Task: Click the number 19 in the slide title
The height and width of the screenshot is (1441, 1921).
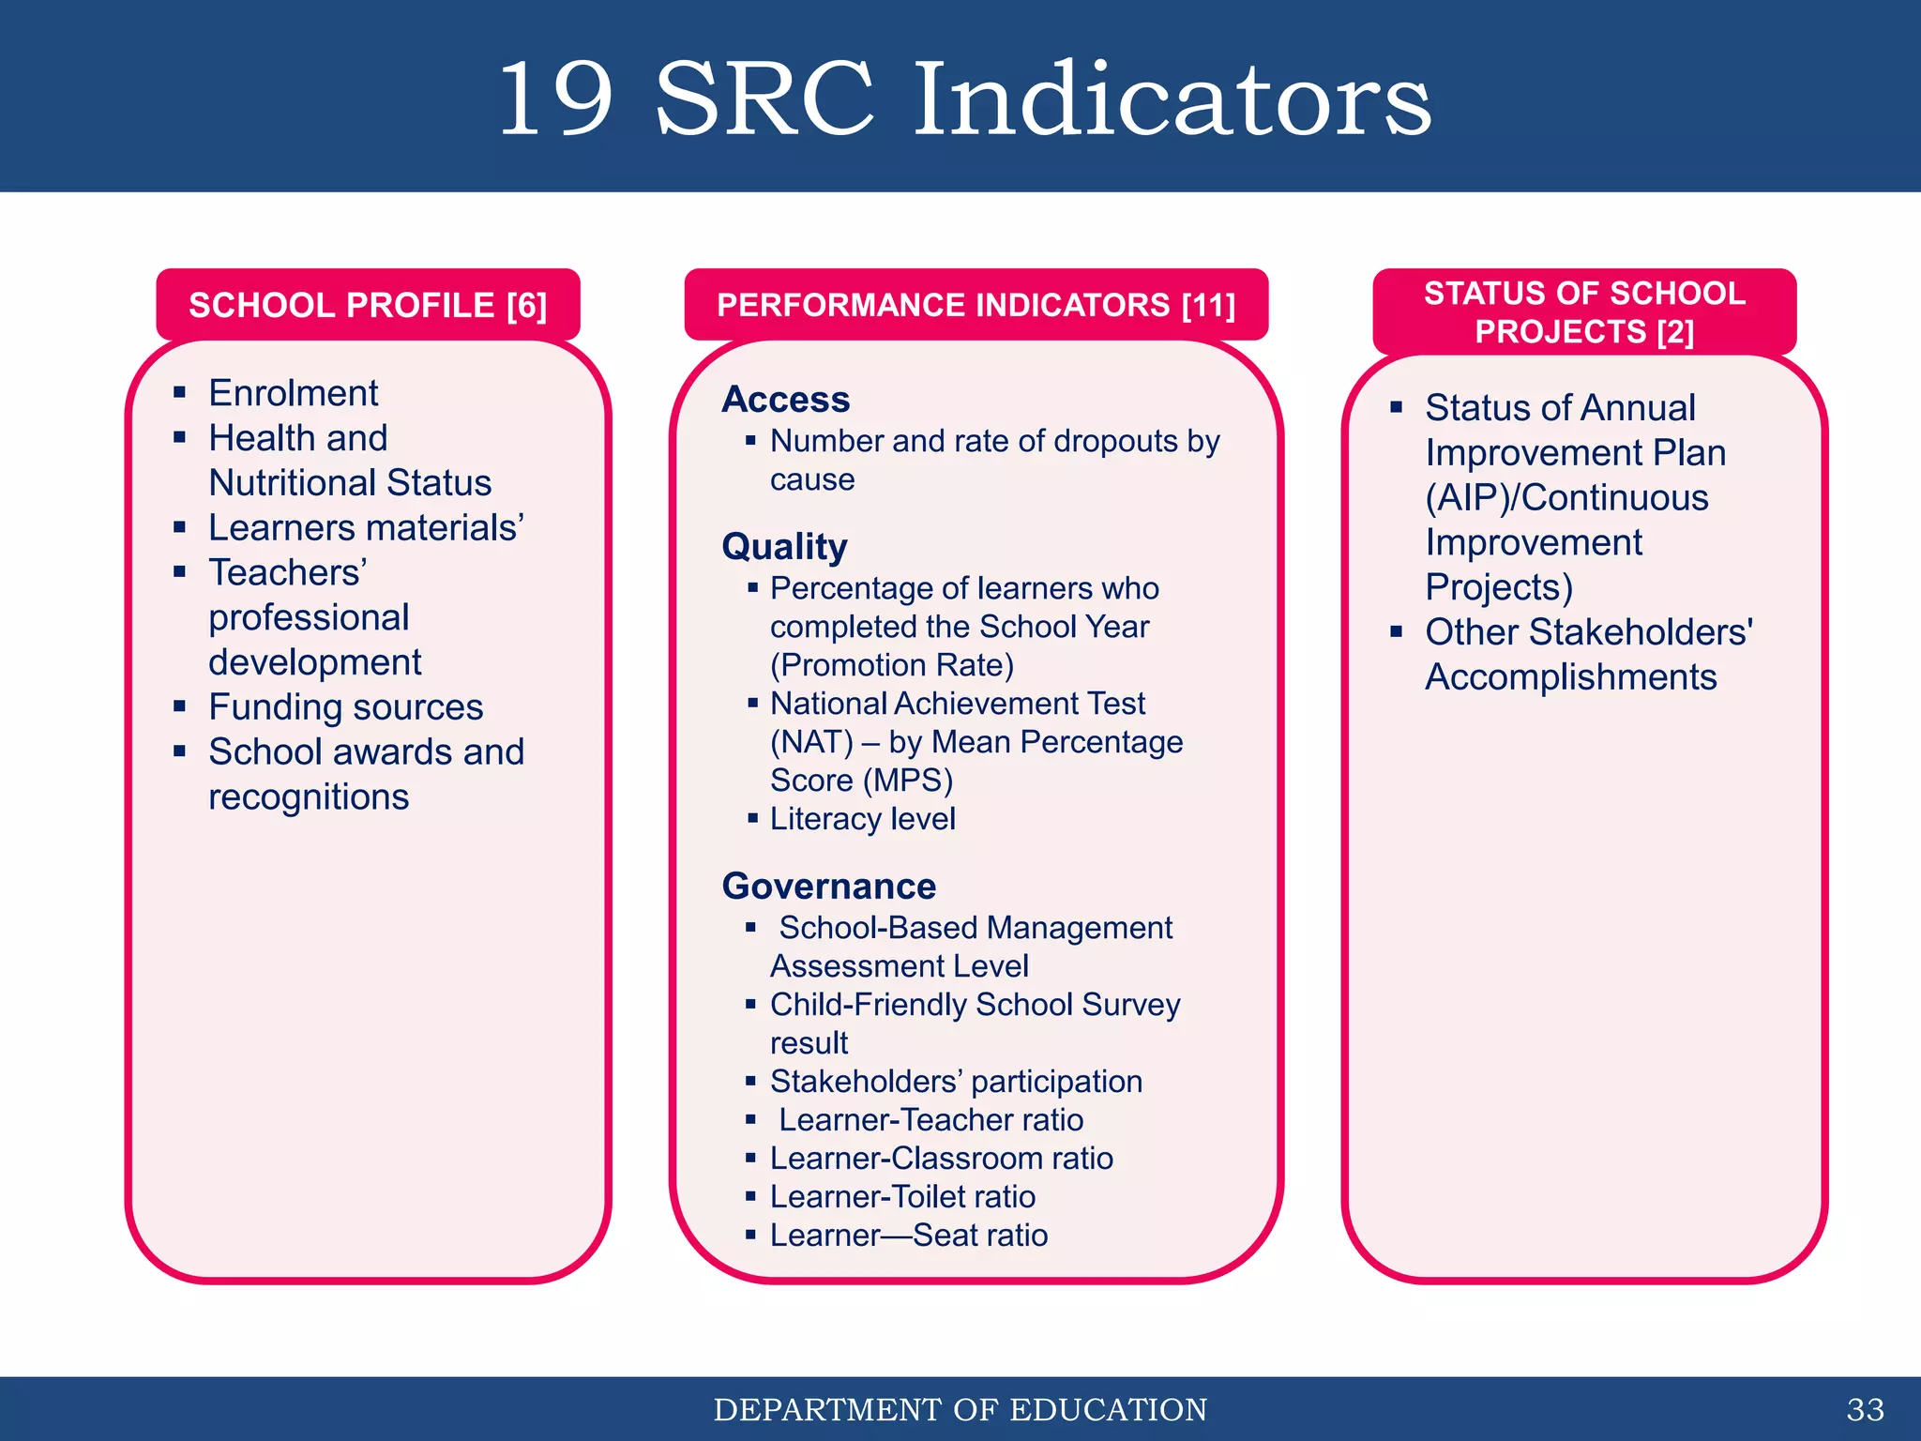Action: coord(555,99)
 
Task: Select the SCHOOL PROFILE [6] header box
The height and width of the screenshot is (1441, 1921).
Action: coord(368,305)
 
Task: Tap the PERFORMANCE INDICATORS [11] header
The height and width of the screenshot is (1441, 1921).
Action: coord(976,305)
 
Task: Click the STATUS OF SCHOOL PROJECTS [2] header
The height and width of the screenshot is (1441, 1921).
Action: coord(1584,311)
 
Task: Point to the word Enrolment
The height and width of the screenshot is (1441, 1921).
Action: coord(293,393)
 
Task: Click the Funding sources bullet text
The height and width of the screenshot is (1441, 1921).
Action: coord(345,707)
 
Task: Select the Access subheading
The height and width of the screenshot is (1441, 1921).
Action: coord(786,400)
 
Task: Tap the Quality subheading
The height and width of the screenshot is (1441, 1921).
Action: coord(784,547)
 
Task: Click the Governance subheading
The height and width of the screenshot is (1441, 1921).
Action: coord(829,887)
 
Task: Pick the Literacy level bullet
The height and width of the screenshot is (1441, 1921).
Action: coord(862,819)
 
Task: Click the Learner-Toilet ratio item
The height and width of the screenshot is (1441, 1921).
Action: coord(902,1197)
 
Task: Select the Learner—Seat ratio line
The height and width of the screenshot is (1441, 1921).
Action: coord(908,1236)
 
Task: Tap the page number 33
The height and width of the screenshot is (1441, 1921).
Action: coord(1865,1409)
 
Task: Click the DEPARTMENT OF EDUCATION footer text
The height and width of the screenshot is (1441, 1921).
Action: coord(960,1409)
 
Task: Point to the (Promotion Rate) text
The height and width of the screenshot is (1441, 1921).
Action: coord(892,665)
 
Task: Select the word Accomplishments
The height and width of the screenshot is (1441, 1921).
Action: coord(1570,677)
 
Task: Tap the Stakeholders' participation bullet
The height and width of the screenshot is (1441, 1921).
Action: coord(956,1082)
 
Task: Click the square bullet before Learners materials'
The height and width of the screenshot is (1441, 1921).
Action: coord(180,528)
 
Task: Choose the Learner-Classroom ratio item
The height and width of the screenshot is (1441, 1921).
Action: coord(941,1159)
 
